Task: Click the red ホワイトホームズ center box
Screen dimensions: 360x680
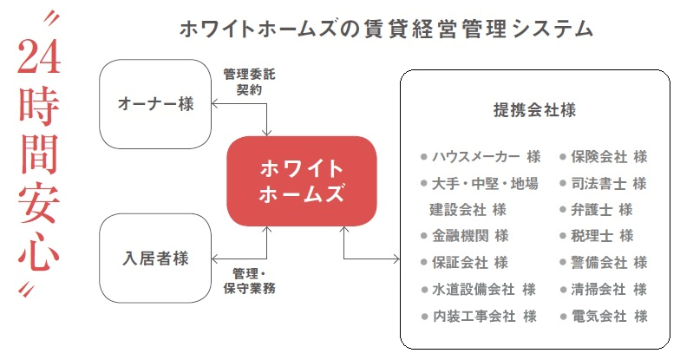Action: [x=302, y=180]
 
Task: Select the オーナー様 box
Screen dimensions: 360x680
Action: [x=155, y=104]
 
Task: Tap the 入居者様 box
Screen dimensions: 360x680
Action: [x=155, y=259]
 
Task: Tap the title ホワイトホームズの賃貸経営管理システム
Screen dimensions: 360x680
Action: [x=386, y=29]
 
